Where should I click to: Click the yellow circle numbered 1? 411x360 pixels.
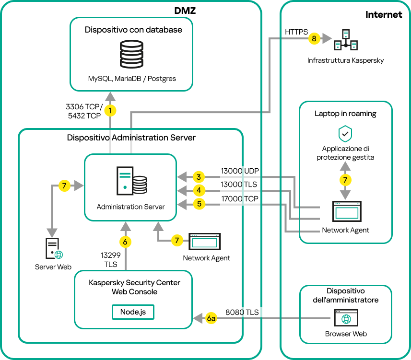(x=111, y=111)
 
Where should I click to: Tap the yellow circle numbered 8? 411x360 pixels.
(x=314, y=39)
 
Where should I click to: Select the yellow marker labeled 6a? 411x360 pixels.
(x=211, y=318)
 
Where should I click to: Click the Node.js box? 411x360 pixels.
(x=133, y=312)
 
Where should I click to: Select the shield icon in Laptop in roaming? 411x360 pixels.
(x=345, y=133)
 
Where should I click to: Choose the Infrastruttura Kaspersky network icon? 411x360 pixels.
(x=346, y=40)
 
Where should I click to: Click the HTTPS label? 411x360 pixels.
(x=296, y=32)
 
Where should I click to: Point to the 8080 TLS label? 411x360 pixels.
(x=242, y=312)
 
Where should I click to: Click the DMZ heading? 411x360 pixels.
(x=185, y=10)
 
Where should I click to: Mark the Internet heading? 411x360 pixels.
(x=384, y=14)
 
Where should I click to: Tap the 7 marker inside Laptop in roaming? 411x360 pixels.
(x=345, y=180)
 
